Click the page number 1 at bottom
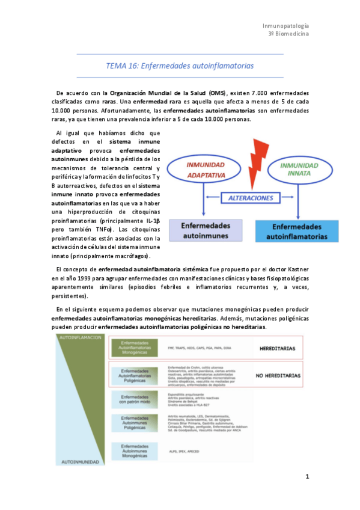click(x=307, y=477)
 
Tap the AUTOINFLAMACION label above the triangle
click(x=79, y=338)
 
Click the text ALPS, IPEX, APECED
click(x=183, y=450)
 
